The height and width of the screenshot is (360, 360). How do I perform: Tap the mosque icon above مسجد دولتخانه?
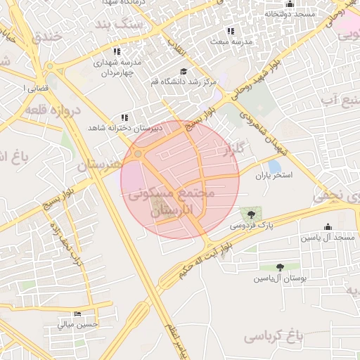point(290,4)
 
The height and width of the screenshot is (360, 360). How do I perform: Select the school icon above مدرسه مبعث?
point(230,32)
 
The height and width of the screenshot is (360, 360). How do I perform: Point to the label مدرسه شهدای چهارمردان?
point(117,67)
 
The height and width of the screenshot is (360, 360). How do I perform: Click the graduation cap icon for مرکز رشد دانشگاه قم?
point(184,72)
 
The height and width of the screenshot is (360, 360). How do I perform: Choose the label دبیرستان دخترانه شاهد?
point(124,128)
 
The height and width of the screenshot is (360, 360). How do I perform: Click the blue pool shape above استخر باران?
point(274,166)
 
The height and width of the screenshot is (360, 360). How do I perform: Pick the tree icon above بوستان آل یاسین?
point(281,267)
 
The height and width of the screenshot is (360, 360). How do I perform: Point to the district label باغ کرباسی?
point(274,337)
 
